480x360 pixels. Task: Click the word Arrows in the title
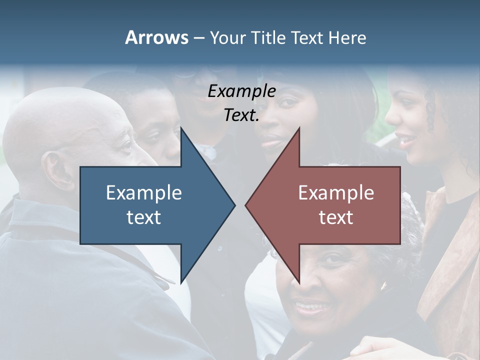[x=156, y=37]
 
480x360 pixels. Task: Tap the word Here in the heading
[x=347, y=37]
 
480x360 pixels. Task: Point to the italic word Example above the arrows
[x=241, y=91]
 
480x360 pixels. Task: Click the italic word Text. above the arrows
[x=241, y=115]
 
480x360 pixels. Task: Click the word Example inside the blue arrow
[x=144, y=193]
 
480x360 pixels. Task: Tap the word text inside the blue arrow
[x=144, y=217]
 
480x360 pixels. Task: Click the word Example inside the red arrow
[x=336, y=193]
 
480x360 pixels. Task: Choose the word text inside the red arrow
[x=336, y=217]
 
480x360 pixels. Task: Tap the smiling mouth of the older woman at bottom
[x=310, y=306]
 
